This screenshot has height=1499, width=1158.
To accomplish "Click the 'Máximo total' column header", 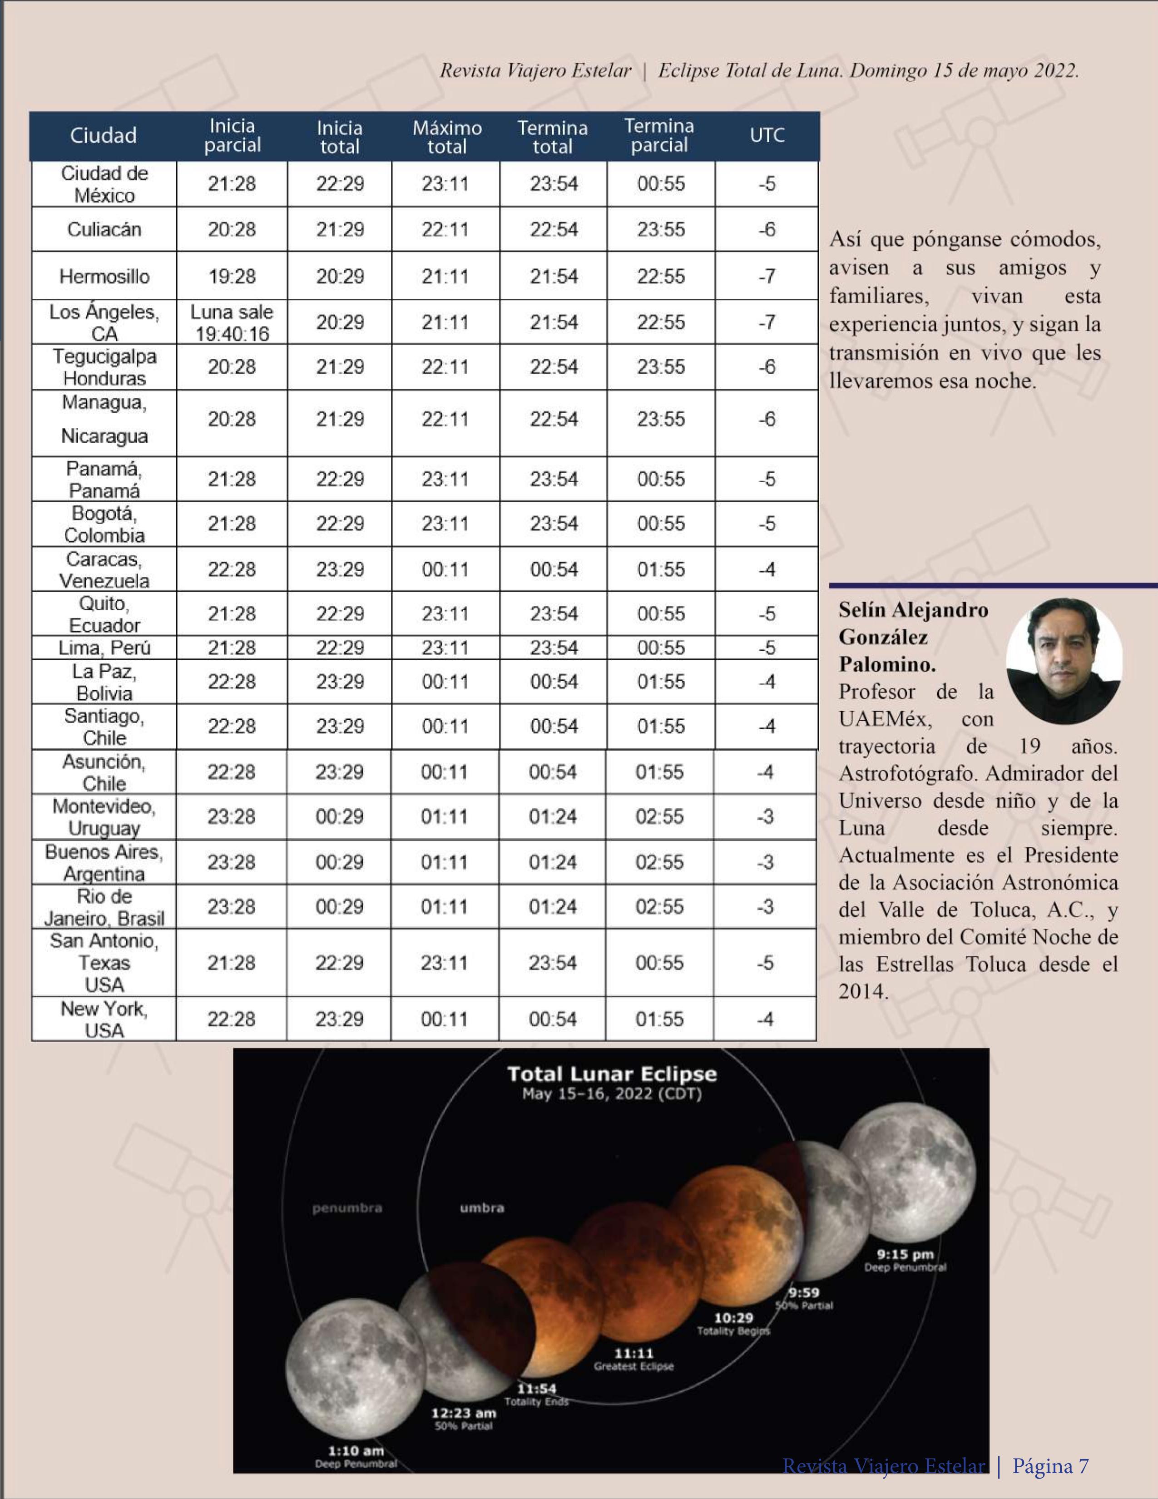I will coord(447,137).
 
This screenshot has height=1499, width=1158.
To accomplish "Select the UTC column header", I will coord(767,135).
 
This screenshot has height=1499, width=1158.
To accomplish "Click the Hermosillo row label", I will coord(104,277).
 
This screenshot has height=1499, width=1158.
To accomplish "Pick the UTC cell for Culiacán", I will coord(767,229).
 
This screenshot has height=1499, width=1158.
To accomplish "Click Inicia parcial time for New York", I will coord(231,1019).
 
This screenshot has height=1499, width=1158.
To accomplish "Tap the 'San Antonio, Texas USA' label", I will coord(104,962).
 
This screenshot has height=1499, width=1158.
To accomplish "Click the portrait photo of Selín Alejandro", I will coord(1064,661).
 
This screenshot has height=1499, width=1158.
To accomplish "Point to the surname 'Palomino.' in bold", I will coord(887,664).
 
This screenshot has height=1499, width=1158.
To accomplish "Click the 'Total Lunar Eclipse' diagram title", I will coord(612,1074).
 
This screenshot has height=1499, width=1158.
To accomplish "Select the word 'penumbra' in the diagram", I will coord(347,1208).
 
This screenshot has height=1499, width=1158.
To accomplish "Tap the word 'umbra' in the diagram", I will coord(482,1207).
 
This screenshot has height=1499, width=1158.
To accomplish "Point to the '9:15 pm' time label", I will coord(905,1255).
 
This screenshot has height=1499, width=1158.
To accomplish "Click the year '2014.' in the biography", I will coord(863,991).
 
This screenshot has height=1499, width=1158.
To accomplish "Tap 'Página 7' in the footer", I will coord(1050,1466).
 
